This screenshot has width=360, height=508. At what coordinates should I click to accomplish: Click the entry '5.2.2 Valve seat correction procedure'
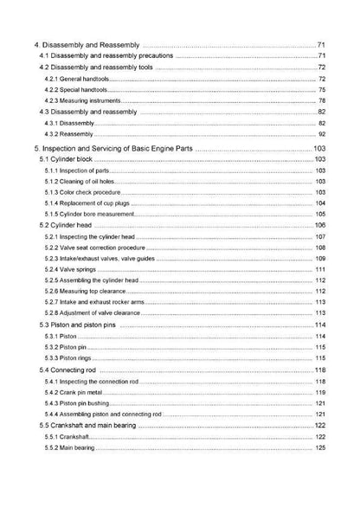[x=99, y=248]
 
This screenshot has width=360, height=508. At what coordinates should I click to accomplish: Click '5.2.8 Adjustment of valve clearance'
[x=95, y=313]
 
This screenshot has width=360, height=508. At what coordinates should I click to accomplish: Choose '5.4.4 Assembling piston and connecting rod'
[x=102, y=415]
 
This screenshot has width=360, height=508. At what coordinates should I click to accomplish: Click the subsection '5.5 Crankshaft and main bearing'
[x=95, y=426]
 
